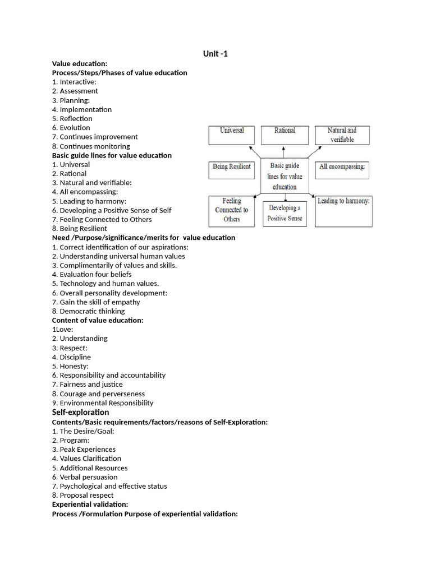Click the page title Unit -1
click(215, 54)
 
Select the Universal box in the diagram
click(232, 135)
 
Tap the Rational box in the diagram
click(285, 135)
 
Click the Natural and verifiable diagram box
click(342, 135)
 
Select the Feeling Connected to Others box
click(232, 211)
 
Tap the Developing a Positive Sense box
click(285, 213)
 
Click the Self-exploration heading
click(81, 412)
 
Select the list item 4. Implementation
click(82, 109)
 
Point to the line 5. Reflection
click(72, 118)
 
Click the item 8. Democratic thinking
click(89, 311)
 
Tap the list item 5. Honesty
click(70, 366)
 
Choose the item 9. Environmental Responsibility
click(103, 402)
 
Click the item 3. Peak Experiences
click(84, 449)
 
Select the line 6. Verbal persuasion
click(85, 476)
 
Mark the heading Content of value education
click(98, 320)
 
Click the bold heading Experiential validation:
click(90, 504)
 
